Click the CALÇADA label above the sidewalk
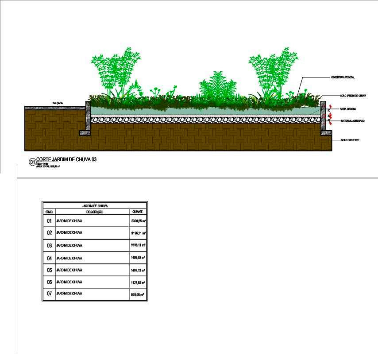(x=58, y=103)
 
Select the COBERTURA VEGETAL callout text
(x=343, y=77)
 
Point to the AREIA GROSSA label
(x=348, y=108)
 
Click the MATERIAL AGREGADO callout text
(x=352, y=120)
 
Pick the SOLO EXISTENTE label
(x=350, y=140)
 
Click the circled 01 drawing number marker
(x=32, y=162)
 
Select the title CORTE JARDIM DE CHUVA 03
(x=66, y=160)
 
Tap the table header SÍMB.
(x=49, y=212)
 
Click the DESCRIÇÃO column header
(x=92, y=212)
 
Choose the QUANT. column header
(x=138, y=212)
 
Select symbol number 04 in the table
(x=50, y=258)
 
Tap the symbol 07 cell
(x=50, y=294)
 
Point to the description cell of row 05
(x=69, y=270)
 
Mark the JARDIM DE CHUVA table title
(x=95, y=206)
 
